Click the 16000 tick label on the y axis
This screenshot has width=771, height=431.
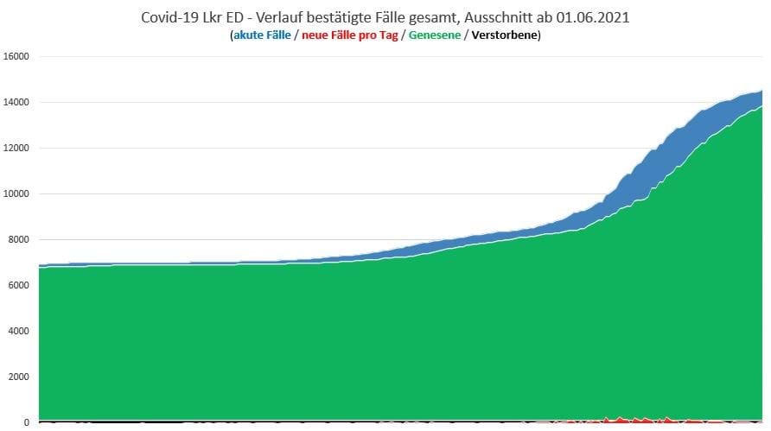pyautogui.click(x=17, y=57)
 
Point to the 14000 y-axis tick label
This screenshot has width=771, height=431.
pyautogui.click(x=17, y=103)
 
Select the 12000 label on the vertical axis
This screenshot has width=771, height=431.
pyautogui.click(x=17, y=149)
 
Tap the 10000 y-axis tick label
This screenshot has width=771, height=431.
pyautogui.click(x=17, y=194)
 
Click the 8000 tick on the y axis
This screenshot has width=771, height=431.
pyautogui.click(x=20, y=240)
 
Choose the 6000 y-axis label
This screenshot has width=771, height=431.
pyautogui.click(x=20, y=285)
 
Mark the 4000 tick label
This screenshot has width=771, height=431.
pyautogui.click(x=20, y=331)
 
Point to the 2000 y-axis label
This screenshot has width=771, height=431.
pyautogui.click(x=20, y=377)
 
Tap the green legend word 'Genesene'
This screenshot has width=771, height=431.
pyautogui.click(x=435, y=35)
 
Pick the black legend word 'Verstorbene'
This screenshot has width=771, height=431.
pyautogui.click(x=503, y=35)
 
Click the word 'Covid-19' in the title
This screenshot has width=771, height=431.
pyautogui.click(x=167, y=16)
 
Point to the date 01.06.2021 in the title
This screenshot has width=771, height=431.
pyautogui.click(x=594, y=16)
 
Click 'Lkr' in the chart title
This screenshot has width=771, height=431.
pyautogui.click(x=210, y=16)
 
